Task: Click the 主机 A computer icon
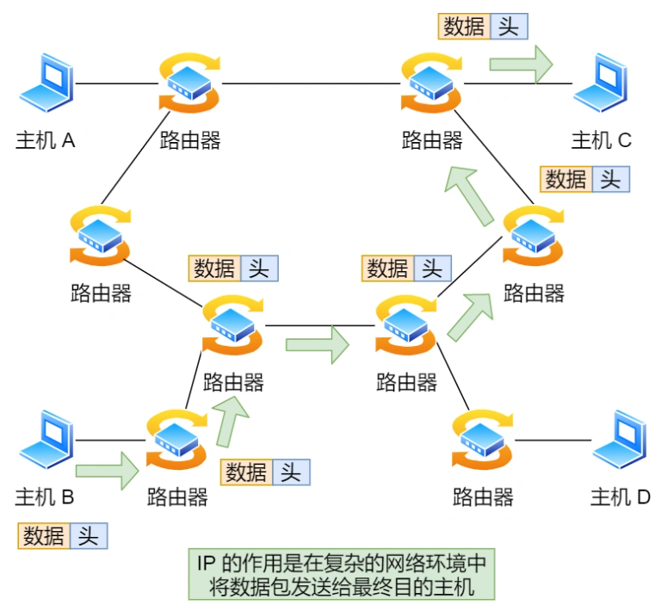click(46, 84)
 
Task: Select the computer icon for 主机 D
click(621, 441)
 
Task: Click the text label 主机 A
click(46, 140)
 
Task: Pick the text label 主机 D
click(620, 497)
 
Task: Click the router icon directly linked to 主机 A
click(189, 83)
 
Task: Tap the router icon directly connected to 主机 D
click(483, 441)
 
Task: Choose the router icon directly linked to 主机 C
click(431, 83)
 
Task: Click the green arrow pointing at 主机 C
click(521, 64)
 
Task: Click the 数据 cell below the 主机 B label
click(44, 536)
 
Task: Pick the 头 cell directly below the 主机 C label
click(609, 179)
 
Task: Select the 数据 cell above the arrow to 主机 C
click(464, 26)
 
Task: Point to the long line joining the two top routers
click(310, 83)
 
